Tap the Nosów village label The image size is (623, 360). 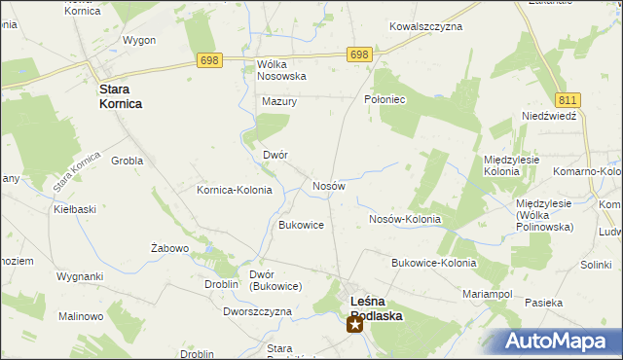pos(328,186)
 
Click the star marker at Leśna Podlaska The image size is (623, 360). pos(355,324)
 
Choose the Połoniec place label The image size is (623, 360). pos(384,99)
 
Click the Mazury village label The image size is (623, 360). pos(278,100)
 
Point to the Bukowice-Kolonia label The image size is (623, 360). pos(433,263)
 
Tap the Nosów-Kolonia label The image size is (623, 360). pos(405,220)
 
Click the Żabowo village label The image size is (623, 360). pos(169,248)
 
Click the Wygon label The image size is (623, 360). pos(139,40)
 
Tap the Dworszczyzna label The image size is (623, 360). pos(257,311)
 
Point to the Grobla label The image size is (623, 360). pos(128,161)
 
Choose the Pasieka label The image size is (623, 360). pos(543,303)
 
